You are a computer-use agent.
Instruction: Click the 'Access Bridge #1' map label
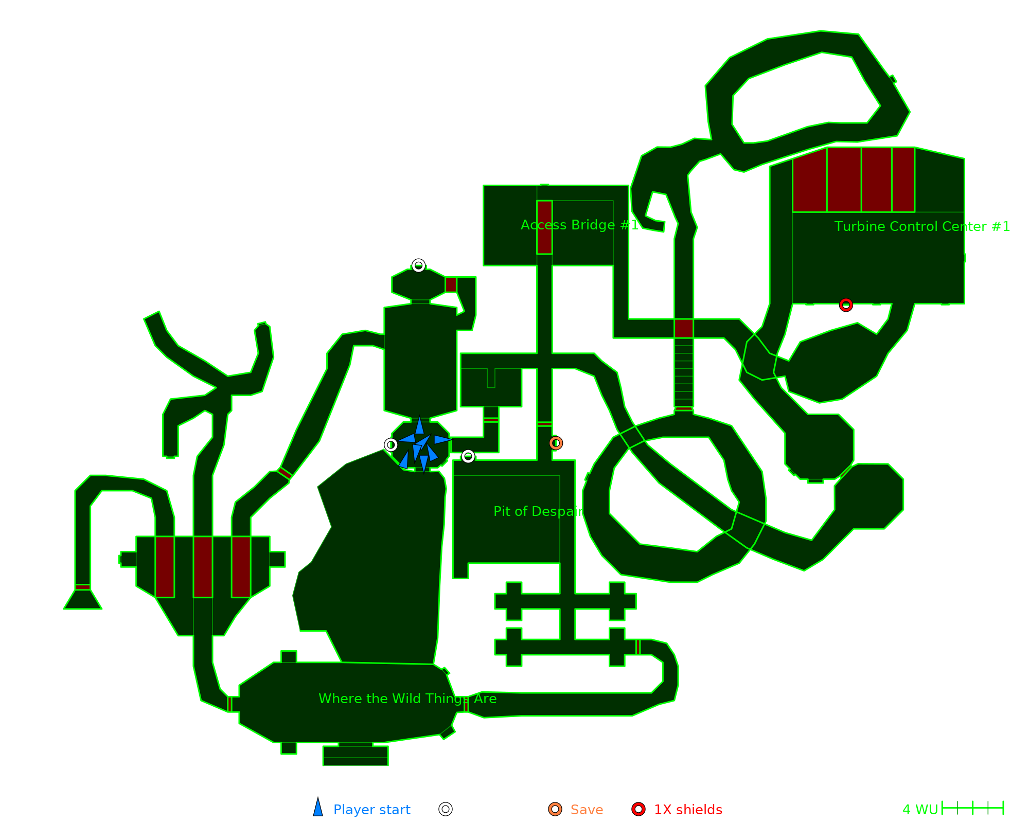[580, 225]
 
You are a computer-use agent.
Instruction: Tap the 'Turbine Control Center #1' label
[922, 227]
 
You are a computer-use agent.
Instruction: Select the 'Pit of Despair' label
[538, 511]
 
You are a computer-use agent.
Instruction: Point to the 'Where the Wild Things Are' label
[407, 699]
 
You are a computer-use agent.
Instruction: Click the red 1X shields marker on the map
[846, 305]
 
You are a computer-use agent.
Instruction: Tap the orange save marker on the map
[556, 443]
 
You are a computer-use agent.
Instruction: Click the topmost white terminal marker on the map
[418, 266]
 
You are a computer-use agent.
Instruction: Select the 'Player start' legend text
[371, 810]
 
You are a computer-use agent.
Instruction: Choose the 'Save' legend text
[587, 810]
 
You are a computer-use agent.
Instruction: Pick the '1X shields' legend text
[688, 810]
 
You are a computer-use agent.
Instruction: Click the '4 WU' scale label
[920, 810]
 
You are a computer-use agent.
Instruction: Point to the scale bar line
[972, 808]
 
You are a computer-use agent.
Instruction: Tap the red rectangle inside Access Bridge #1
[544, 227]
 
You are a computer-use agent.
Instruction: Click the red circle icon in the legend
[638, 809]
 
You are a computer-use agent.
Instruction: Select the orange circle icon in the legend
[555, 809]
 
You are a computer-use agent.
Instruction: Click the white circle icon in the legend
[446, 809]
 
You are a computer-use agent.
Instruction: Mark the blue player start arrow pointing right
[442, 439]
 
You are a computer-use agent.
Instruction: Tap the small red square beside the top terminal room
[451, 284]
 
